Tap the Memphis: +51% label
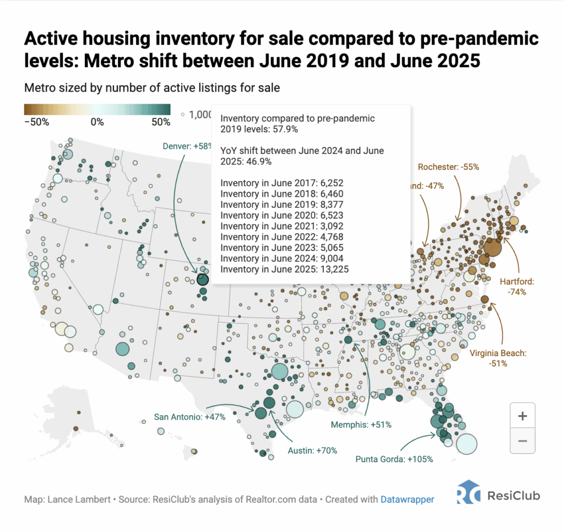point(361,425)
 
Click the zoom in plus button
point(522,416)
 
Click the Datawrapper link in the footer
point(407,499)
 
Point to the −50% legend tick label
point(37,122)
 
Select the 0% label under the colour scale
point(97,122)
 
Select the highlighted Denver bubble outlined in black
point(202,280)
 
